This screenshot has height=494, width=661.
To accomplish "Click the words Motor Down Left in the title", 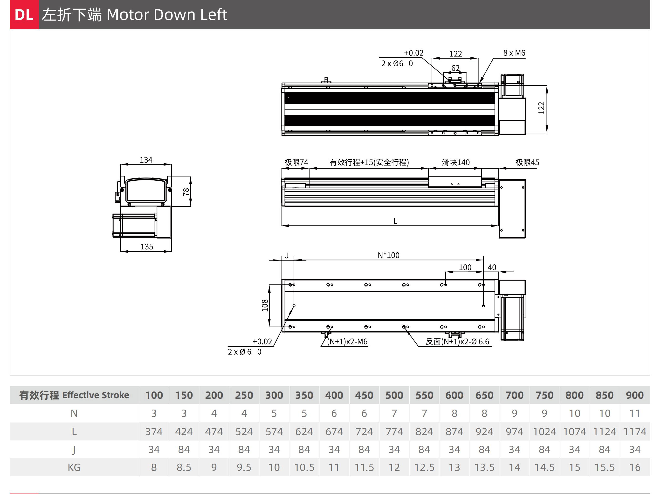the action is [x=167, y=15].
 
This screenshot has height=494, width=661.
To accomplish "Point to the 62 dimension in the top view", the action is [x=455, y=68].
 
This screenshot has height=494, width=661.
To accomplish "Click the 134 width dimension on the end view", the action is [x=146, y=160].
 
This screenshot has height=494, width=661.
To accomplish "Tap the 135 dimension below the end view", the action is [x=147, y=247].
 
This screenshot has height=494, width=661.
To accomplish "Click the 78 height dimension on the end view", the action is [x=186, y=192].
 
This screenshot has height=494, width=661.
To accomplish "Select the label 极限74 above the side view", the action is [x=296, y=162].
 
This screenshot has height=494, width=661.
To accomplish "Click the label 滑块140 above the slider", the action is [x=456, y=162].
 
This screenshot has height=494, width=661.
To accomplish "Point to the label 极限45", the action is [x=527, y=162].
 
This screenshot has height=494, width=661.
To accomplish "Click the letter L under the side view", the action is [x=395, y=221].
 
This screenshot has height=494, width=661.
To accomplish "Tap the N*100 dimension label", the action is [x=388, y=255].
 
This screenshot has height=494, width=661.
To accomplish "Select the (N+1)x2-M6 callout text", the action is [x=347, y=341].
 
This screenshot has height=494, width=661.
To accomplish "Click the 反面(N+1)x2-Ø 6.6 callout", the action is [x=457, y=341].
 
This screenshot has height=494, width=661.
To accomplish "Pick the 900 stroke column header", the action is [x=635, y=395].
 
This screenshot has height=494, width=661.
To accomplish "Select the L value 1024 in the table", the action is [x=544, y=432].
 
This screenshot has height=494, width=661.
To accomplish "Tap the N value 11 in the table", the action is [x=635, y=413].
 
